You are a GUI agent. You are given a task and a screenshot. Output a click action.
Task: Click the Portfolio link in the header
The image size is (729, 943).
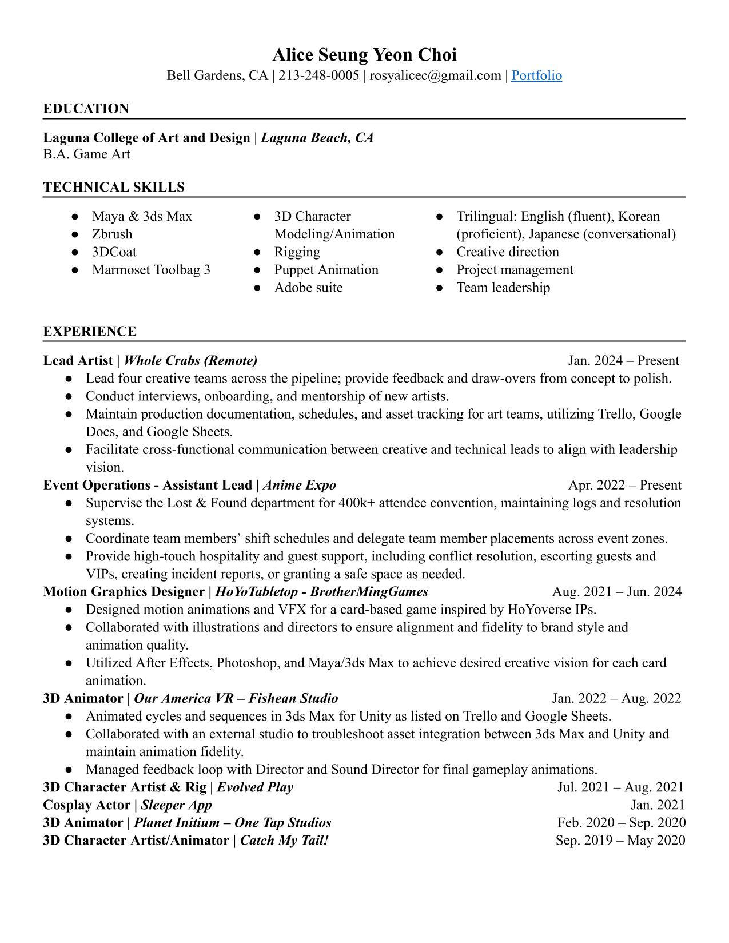pyautogui.click(x=536, y=75)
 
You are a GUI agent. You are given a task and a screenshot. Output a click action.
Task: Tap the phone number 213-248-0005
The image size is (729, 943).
pyautogui.click(x=318, y=75)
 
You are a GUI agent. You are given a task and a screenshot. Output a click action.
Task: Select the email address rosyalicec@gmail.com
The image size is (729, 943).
pyautogui.click(x=435, y=75)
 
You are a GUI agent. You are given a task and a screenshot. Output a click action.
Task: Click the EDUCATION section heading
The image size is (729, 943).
pyautogui.click(x=86, y=109)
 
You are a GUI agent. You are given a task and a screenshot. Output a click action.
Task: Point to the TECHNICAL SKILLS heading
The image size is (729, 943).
pyautogui.click(x=114, y=187)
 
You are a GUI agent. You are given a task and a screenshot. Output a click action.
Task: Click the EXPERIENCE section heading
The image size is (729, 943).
pyautogui.click(x=89, y=331)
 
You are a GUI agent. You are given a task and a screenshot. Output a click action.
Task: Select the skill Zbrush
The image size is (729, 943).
pyautogui.click(x=112, y=234)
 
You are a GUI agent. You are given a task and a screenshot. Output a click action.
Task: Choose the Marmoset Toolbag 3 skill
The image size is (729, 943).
pyautogui.click(x=151, y=269)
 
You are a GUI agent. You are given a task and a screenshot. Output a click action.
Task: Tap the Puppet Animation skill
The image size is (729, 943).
pyautogui.click(x=326, y=269)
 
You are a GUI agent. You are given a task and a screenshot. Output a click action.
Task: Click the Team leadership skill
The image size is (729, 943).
pyautogui.click(x=503, y=287)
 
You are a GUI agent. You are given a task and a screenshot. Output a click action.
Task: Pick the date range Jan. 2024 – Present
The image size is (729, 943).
pyautogui.click(x=623, y=360)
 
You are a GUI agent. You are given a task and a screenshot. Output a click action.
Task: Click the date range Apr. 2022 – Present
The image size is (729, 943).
pyautogui.click(x=624, y=485)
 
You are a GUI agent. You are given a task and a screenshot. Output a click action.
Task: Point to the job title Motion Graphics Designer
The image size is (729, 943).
pyautogui.click(x=124, y=591)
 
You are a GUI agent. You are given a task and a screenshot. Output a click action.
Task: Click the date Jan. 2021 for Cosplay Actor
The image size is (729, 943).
pyautogui.click(x=658, y=805)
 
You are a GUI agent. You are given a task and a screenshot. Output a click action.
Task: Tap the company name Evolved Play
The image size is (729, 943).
pyautogui.click(x=255, y=787)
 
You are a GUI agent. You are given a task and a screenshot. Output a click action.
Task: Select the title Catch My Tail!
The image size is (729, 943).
pyautogui.click(x=284, y=840)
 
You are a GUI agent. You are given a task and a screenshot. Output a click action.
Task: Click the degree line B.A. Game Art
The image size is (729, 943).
pyautogui.click(x=86, y=154)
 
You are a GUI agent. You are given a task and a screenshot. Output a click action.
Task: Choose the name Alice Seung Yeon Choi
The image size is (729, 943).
pyautogui.click(x=364, y=55)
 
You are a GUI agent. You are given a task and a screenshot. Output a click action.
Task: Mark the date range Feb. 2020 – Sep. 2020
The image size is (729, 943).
pyautogui.click(x=622, y=822)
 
